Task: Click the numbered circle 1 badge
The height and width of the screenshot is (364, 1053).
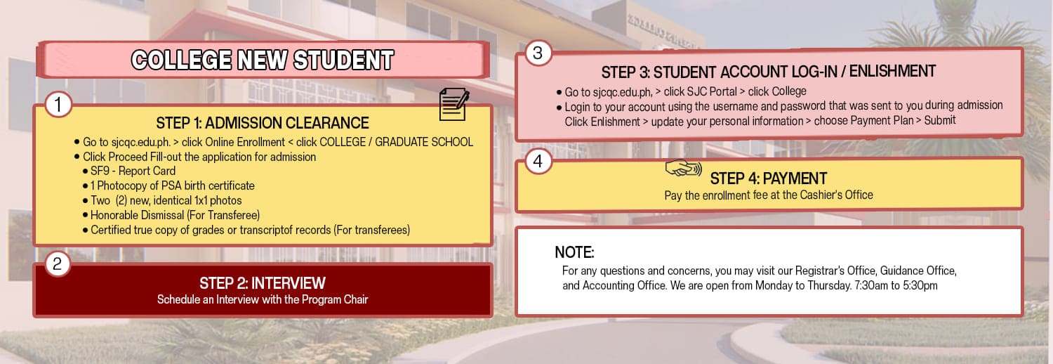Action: click(x=58, y=105)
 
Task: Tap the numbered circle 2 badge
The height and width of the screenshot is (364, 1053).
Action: click(x=58, y=264)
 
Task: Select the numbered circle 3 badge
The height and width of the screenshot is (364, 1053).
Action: click(x=538, y=53)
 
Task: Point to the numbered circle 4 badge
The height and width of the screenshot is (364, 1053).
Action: click(x=538, y=162)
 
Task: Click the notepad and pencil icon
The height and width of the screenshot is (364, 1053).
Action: click(x=453, y=104)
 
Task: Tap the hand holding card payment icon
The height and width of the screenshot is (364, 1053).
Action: click(x=683, y=167)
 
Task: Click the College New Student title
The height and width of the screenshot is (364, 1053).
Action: click(x=263, y=60)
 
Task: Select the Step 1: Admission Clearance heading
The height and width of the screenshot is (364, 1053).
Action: click(x=263, y=123)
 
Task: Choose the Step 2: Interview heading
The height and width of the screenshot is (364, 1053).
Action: click(x=263, y=283)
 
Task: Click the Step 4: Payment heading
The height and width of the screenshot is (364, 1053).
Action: click(x=768, y=178)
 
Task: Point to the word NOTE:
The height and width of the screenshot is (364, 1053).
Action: click(x=574, y=252)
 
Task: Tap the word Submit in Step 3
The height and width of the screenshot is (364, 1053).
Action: click(x=940, y=120)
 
